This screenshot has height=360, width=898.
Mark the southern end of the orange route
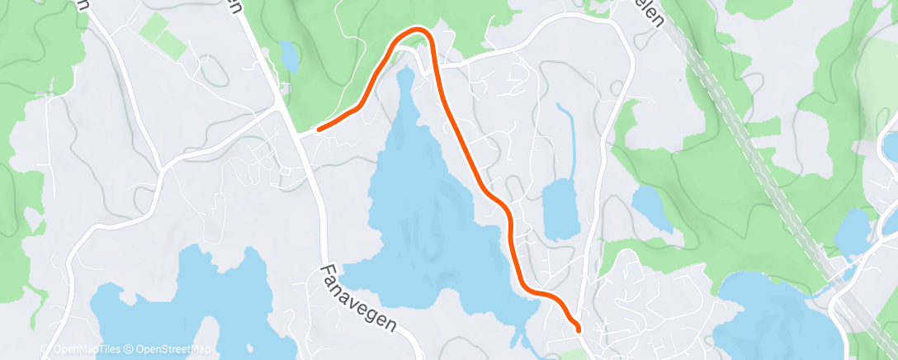point(578,328)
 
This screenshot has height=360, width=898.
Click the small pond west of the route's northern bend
point(289,56)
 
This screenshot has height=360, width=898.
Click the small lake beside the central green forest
point(649,203)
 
